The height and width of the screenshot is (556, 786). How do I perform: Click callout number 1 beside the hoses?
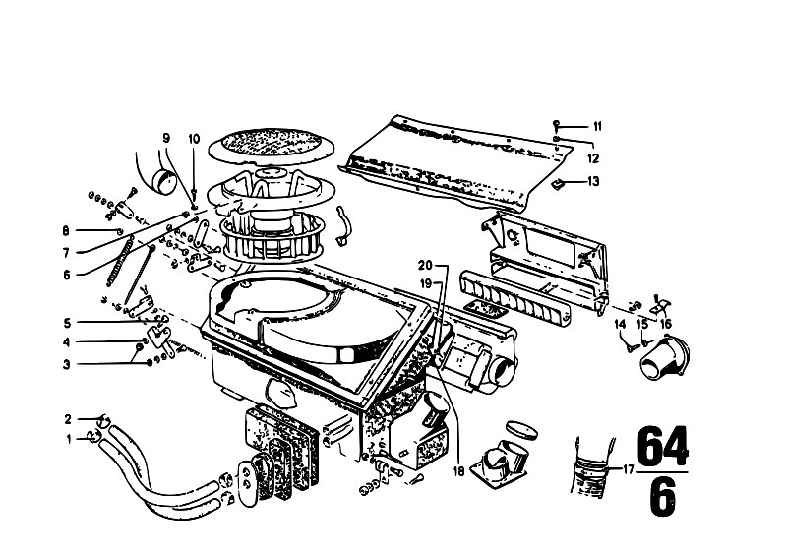69,440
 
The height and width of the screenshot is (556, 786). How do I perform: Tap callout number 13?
593,181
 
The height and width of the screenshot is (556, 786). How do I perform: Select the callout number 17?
629,470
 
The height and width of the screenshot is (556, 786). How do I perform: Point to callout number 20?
425,266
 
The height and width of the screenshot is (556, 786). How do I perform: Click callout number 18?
458,471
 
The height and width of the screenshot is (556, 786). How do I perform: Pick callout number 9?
166,138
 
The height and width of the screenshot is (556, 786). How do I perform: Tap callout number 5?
67,323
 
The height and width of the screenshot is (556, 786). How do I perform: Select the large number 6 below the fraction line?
663,497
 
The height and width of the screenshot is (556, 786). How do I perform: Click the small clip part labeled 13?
557,184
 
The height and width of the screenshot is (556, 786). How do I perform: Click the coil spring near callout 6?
120,261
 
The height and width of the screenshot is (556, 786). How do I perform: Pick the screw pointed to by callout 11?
556,124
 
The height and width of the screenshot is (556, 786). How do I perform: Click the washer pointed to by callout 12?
557,139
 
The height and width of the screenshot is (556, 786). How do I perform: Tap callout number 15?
642,325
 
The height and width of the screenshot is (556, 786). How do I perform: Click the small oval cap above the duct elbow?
521,429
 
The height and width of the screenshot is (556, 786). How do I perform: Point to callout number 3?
67,364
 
